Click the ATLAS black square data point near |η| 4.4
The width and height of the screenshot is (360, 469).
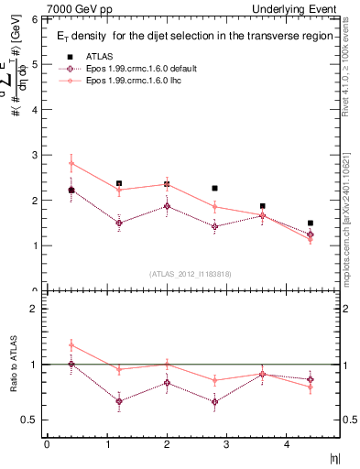click(311, 223)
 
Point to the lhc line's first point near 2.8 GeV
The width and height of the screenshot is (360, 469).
click(71, 164)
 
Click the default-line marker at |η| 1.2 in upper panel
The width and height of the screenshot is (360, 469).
click(119, 223)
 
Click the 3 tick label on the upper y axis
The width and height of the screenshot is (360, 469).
click(33, 155)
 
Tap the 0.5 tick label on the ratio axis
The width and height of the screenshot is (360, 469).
click(29, 420)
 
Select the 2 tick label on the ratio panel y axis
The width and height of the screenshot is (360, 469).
click(33, 309)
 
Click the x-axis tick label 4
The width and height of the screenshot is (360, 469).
click(286, 444)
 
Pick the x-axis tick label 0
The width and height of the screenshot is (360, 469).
click(47, 444)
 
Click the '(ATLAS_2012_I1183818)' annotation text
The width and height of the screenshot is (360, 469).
click(191, 272)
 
